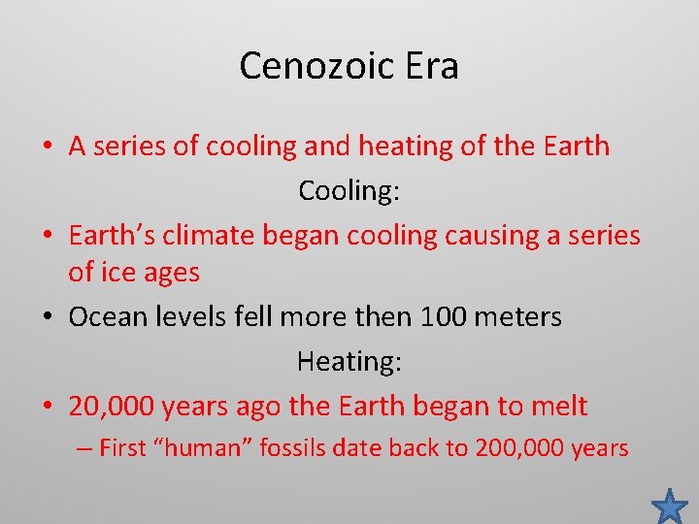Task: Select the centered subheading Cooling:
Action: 349,190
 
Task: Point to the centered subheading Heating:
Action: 349,361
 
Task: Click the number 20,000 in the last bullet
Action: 112,406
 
